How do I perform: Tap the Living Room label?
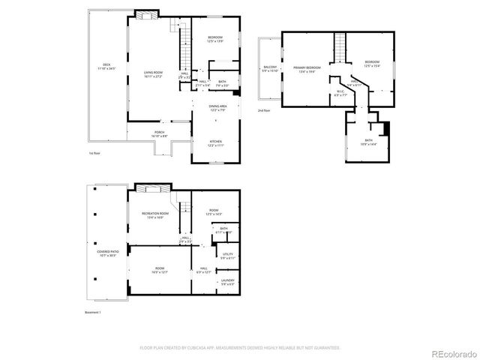(x=154, y=74)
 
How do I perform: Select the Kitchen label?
(x=215, y=143)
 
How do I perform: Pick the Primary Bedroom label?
(x=304, y=69)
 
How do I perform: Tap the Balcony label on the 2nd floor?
(x=269, y=69)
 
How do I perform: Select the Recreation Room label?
(x=155, y=214)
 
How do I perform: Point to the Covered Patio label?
(x=97, y=253)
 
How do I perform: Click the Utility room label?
(x=228, y=256)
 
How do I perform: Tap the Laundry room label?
(x=228, y=283)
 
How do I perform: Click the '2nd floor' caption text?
(x=264, y=110)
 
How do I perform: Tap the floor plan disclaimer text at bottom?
(x=240, y=348)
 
